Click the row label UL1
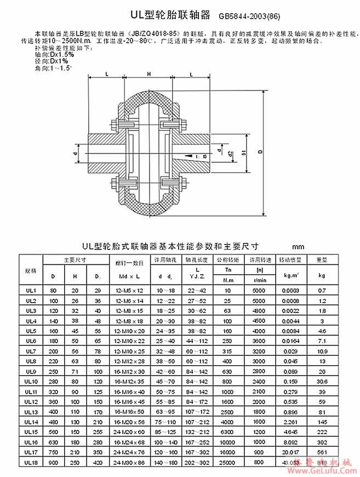tap(31, 290)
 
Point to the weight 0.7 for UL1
tap(322, 290)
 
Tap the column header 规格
tap(31, 271)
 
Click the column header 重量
tap(322, 259)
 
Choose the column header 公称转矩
tap(227, 259)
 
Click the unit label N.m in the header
tap(227, 280)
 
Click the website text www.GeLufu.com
tap(326, 470)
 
